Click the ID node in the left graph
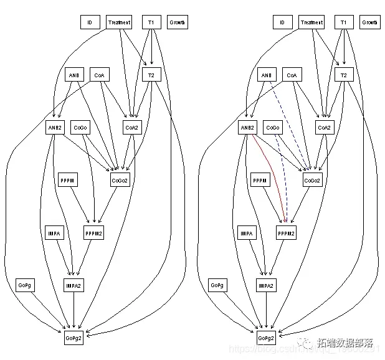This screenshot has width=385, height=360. pyautogui.click(x=90, y=22)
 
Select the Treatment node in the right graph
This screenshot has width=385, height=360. pyautogui.click(x=311, y=22)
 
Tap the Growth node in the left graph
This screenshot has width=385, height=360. pyautogui.click(x=177, y=22)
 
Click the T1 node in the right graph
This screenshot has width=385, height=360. pyautogui.click(x=343, y=22)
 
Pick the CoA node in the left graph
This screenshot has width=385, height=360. pyautogui.click(x=99, y=75)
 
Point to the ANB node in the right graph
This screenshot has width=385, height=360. pyautogui.click(x=266, y=75)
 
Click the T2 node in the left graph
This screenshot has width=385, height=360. pyautogui.click(x=151, y=75)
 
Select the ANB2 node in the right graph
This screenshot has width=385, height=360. pyautogui.click(x=247, y=128)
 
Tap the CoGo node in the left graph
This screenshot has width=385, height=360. pyautogui.click(x=80, y=128)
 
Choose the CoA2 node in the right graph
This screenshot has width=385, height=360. pyautogui.click(x=324, y=128)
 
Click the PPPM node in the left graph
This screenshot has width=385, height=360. pyautogui.click(x=67, y=181)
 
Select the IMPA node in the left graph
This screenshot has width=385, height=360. pyautogui.click(x=54, y=234)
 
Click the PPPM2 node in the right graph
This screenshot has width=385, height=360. pyautogui.click(x=286, y=234)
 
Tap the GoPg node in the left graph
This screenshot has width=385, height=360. pyautogui.click(x=24, y=285)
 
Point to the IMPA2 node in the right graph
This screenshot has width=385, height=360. pyautogui.click(x=266, y=285)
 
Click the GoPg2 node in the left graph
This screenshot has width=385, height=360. pyautogui.click(x=74, y=338)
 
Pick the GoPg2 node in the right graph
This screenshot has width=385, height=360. pyautogui.click(x=266, y=338)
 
